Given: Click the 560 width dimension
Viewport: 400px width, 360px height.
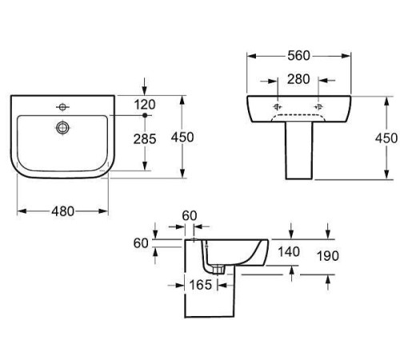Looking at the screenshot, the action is pyautogui.click(x=298, y=56).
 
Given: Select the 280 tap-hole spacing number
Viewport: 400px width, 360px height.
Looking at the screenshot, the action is pyautogui.click(x=298, y=79).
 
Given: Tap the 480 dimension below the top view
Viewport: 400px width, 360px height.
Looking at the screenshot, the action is pyautogui.click(x=62, y=211).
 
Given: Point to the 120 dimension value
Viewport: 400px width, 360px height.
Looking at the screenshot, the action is pyautogui.click(x=145, y=105).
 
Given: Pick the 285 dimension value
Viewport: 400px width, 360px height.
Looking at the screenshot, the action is pyautogui.click(x=145, y=139).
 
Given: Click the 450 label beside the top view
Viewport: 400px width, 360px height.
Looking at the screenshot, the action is pyautogui.click(x=182, y=138).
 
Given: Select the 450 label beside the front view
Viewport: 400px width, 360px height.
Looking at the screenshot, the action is pyautogui.click(x=386, y=138).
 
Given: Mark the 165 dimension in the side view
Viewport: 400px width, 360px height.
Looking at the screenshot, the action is pyautogui.click(x=201, y=285).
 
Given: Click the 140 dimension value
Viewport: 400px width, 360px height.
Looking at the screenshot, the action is pyautogui.click(x=289, y=252).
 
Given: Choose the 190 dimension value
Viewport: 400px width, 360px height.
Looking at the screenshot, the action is pyautogui.click(x=328, y=256).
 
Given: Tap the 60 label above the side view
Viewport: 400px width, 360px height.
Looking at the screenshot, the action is pyautogui.click(x=190, y=216).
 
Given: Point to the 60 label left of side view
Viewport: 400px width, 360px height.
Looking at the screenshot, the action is pyautogui.click(x=141, y=243).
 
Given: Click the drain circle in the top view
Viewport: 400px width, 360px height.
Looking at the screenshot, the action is pyautogui.click(x=62, y=127).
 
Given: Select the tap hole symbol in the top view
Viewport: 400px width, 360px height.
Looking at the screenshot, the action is pyautogui.click(x=62, y=107).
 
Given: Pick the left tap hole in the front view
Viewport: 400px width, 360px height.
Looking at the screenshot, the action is pyautogui.click(x=278, y=107).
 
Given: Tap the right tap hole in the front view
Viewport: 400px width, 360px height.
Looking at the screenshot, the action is pyautogui.click(x=318, y=107).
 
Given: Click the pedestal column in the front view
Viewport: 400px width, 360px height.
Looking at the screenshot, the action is pyautogui.click(x=299, y=150).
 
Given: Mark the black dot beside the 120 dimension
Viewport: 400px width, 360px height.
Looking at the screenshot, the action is pyautogui.click(x=145, y=115).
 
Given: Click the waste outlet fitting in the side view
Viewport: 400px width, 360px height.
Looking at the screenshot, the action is pyautogui.click(x=219, y=270).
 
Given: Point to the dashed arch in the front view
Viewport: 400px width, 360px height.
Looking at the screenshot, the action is pyautogui.click(x=298, y=115).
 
